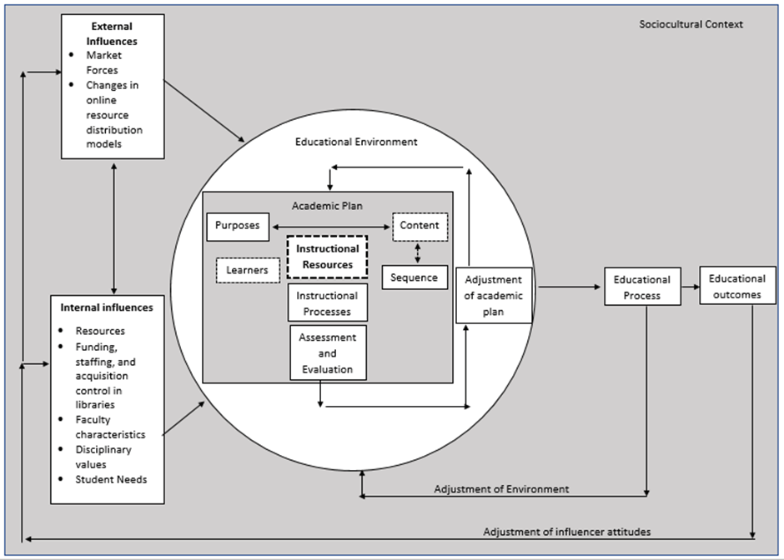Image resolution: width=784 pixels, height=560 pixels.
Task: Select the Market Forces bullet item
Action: point(103,62)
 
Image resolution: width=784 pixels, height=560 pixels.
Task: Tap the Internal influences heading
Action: point(107,307)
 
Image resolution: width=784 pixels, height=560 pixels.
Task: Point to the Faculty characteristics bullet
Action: point(110,427)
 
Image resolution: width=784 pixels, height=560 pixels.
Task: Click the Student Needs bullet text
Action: point(111,479)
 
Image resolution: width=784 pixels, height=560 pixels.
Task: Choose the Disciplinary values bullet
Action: point(103,457)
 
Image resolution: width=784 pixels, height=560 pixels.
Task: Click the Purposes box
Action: point(238,226)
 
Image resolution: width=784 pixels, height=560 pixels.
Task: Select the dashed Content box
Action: point(420,226)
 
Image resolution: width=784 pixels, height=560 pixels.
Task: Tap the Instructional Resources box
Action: point(327,257)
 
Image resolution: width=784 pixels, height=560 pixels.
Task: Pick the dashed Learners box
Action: point(247,270)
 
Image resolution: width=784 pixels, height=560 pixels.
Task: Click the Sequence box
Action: point(415,277)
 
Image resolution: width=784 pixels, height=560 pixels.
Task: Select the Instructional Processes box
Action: point(327,303)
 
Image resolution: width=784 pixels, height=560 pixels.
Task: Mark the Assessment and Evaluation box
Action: point(328,352)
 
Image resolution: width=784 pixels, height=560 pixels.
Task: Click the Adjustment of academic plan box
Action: point(494,296)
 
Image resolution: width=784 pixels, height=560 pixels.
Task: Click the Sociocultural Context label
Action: point(691,24)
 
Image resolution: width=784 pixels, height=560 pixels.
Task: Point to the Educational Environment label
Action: point(356,142)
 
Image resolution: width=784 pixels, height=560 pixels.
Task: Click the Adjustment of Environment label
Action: point(501,489)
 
